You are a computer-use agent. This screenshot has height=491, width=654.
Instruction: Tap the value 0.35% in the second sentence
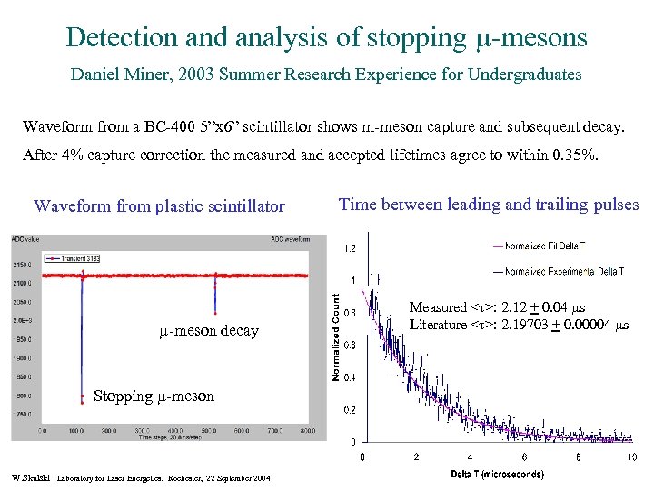[x=575, y=155]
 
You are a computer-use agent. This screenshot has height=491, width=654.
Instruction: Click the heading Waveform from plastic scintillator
[x=159, y=206]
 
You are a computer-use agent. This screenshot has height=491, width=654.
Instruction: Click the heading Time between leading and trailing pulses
[x=488, y=205]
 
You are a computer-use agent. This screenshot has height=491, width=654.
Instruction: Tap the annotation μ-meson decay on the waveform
[x=208, y=331]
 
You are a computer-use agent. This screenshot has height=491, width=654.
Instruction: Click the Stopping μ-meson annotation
[x=154, y=396]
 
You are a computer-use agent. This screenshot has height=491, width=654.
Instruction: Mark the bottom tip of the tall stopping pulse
[x=82, y=414]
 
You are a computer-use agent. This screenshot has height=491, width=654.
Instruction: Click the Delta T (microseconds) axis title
[x=497, y=474]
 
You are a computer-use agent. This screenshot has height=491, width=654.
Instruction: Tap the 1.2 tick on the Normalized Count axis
[x=348, y=247]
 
